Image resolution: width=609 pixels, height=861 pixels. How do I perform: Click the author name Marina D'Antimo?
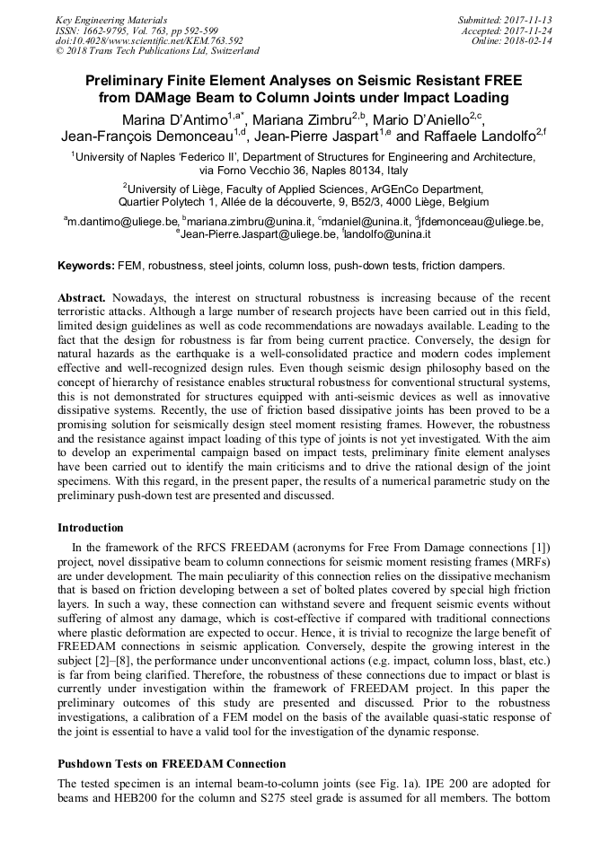176,119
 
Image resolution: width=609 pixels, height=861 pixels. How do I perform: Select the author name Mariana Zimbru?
296,119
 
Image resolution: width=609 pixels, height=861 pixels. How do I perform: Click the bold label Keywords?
86,266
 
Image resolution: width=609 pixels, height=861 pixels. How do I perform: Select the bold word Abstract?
82,297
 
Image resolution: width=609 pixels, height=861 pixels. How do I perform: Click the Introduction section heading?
91,527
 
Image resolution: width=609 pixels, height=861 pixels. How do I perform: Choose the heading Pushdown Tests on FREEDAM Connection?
172,764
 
